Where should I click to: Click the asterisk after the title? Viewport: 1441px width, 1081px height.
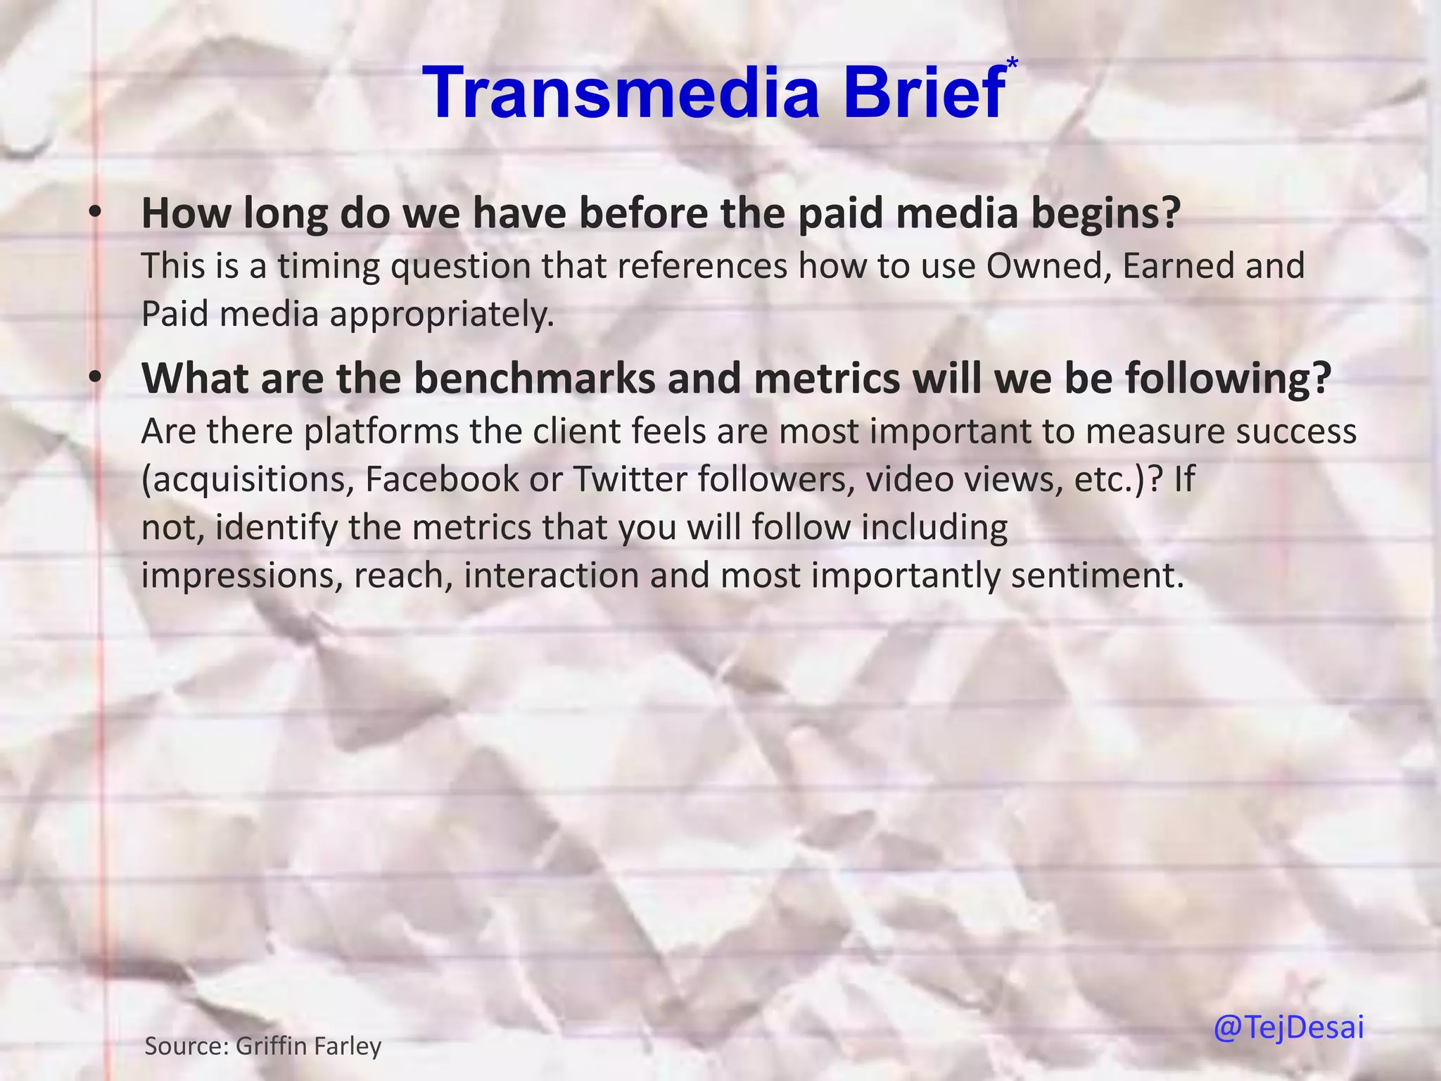[1012, 64]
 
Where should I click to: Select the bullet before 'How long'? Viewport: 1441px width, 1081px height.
[96, 212]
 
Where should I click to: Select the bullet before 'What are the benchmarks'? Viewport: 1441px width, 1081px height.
[96, 377]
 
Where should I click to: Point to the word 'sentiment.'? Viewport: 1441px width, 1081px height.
[1098, 576]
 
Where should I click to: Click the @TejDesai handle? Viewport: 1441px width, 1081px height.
[1288, 1028]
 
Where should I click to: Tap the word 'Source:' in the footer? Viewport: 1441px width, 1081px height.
[186, 1046]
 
